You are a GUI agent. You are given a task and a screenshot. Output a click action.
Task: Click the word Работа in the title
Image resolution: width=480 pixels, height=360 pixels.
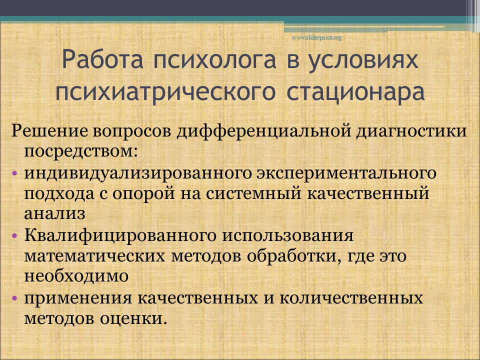tap(102, 59)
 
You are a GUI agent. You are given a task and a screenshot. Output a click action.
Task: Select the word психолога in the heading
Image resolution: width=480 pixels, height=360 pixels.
tap(215, 61)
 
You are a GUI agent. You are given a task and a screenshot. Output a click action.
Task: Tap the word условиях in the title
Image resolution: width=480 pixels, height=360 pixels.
tap(363, 61)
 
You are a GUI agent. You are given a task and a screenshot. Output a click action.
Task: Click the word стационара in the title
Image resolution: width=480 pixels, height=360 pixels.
tap(355, 92)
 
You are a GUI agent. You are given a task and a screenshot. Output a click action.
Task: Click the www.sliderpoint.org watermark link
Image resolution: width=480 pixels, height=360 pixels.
tap(316, 37)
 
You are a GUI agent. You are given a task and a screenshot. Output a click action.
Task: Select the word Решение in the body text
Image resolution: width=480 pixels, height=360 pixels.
tap(49, 131)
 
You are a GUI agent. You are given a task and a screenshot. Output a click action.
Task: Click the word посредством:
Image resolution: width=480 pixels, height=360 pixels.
tap(81, 151)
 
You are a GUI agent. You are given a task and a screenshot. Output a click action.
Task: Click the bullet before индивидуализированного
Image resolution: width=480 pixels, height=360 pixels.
tap(14, 173)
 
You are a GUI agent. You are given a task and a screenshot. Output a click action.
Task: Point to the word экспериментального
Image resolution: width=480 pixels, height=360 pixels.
tap(346, 173)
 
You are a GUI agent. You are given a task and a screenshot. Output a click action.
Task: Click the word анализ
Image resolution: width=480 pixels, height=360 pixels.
tap(54, 213)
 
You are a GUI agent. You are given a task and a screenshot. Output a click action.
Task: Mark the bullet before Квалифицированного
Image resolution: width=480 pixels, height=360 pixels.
tap(14, 236)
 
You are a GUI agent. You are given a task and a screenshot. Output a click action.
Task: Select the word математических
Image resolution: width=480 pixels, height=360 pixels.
tap(94, 256)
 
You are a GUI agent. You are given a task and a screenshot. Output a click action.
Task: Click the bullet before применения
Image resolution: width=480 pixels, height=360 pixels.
tap(14, 298)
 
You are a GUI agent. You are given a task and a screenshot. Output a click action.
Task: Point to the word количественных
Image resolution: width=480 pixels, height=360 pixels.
tap(351, 298)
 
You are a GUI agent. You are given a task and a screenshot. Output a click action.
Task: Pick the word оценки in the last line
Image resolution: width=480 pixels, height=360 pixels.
tap(133, 318)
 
